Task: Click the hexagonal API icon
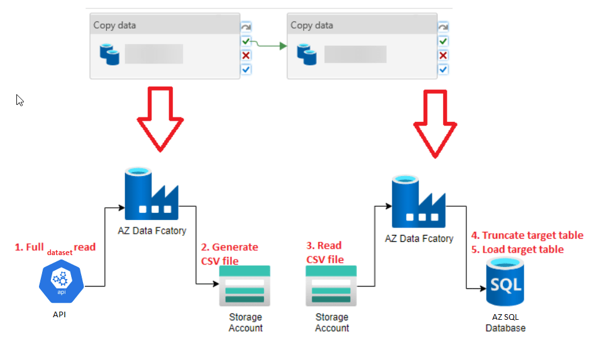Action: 62,284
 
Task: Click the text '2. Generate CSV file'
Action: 229,254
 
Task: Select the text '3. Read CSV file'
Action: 325,252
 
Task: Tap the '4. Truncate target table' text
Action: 527,236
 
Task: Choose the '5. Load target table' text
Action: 518,249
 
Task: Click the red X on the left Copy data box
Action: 246,55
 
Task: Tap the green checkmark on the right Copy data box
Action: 443,41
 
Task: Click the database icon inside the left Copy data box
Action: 109,54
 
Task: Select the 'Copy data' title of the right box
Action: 312,26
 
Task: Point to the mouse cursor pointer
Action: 19,100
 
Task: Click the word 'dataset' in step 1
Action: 59,252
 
